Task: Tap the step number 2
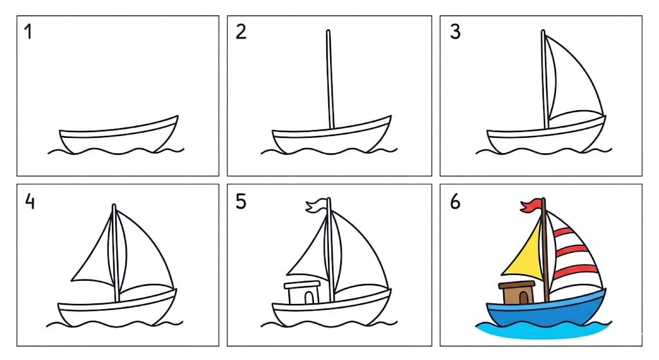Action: [241, 32]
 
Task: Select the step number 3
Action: [455, 32]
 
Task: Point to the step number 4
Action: [29, 202]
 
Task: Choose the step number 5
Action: [241, 202]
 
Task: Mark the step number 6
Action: [455, 202]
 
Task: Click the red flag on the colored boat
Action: [531, 205]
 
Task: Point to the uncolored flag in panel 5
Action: [317, 206]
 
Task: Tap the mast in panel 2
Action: [329, 81]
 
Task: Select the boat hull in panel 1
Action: [116, 138]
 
